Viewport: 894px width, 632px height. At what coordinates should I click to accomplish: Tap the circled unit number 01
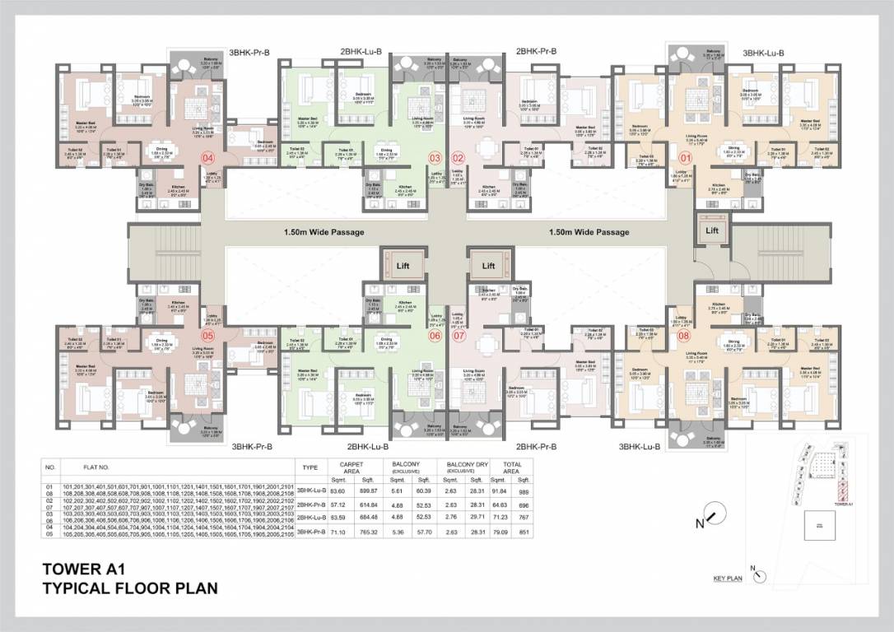pos(682,156)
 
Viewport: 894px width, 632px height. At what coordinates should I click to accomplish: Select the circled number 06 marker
pos(435,335)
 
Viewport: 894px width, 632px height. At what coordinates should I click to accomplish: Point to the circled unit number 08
pos(682,335)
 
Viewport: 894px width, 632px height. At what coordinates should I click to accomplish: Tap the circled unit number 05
pos(207,335)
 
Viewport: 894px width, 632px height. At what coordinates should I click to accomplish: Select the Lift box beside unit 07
pos(488,265)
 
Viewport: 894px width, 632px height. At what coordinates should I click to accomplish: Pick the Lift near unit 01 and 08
pos(712,230)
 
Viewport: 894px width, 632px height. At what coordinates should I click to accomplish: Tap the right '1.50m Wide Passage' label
pos(589,232)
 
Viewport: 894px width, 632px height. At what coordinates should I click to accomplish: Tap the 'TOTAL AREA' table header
pos(515,467)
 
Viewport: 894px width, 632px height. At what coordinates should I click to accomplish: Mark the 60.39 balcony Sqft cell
pos(424,490)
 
